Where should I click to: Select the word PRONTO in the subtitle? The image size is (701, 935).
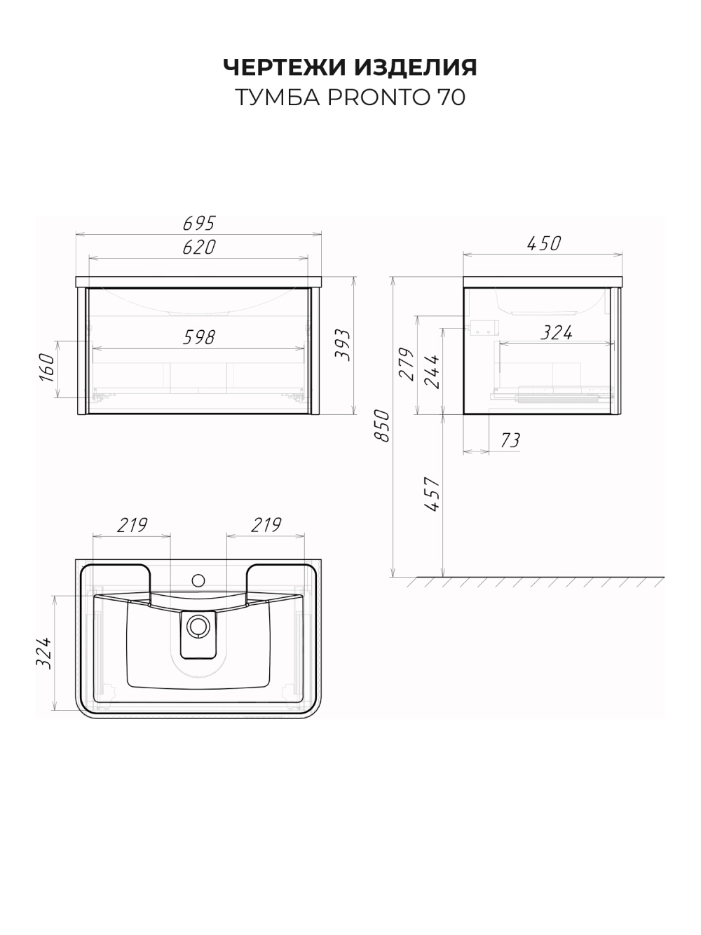(x=379, y=97)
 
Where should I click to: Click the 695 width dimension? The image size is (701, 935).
(x=199, y=223)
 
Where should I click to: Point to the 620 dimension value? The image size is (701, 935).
(x=199, y=247)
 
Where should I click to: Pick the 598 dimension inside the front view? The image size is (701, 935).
(x=199, y=337)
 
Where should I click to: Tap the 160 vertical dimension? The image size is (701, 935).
(x=47, y=367)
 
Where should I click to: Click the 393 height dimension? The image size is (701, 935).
(x=342, y=345)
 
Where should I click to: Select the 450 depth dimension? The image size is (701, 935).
(x=544, y=244)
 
